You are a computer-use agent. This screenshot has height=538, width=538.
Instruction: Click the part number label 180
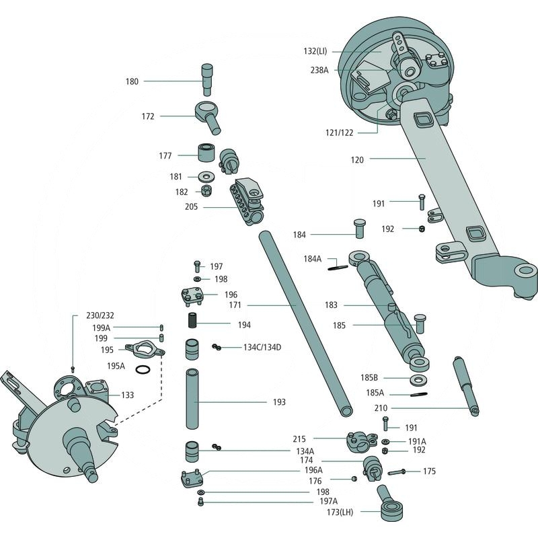[132, 81]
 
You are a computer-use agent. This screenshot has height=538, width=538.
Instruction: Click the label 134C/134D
[262, 347]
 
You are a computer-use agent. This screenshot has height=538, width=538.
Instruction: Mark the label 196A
[313, 470]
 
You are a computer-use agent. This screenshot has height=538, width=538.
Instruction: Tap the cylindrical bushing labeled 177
[205, 152]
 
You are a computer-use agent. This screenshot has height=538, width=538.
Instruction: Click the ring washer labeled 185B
[420, 379]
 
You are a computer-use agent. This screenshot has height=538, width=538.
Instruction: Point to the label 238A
[319, 70]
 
